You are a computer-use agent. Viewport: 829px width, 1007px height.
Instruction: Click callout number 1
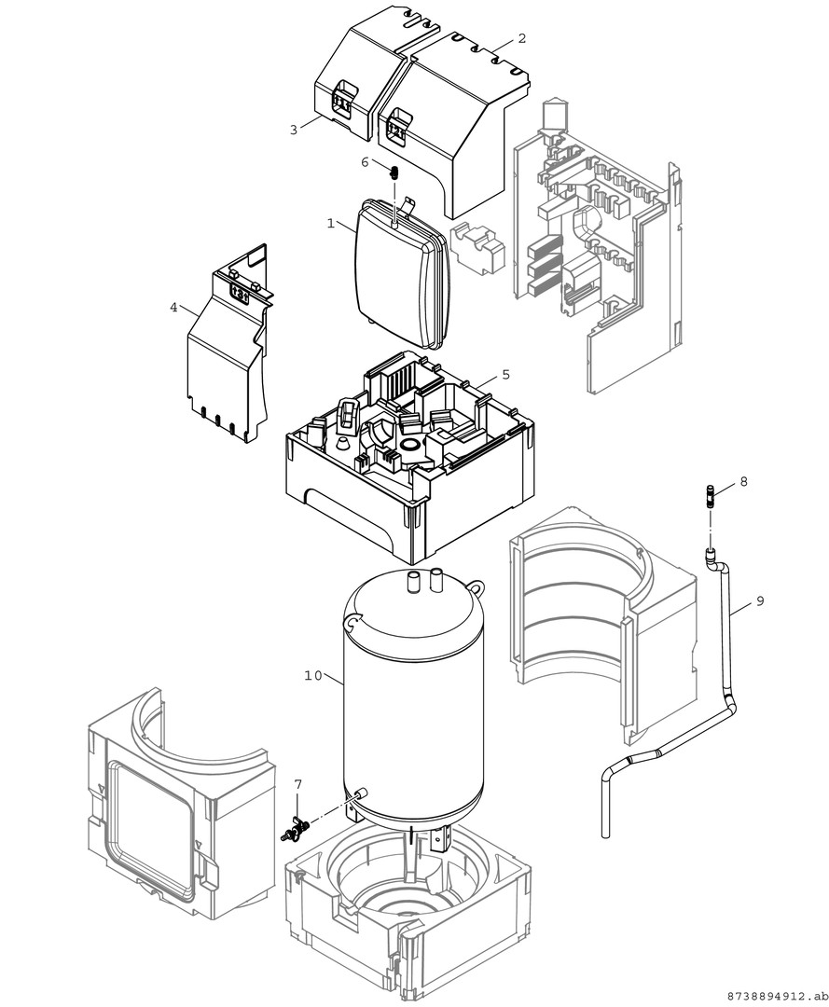[x=330, y=224]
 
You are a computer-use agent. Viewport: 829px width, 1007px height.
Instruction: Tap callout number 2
[x=521, y=38]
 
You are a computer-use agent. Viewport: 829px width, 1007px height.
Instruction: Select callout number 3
[x=293, y=131]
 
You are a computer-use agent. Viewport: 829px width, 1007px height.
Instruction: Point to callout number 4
[x=173, y=307]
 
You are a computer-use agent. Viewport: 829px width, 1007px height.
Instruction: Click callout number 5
[x=505, y=374]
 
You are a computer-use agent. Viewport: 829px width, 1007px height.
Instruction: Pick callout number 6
[x=366, y=162]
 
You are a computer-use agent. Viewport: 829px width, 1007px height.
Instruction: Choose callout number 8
[x=743, y=481]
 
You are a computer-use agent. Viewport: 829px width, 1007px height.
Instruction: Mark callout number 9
[x=759, y=601]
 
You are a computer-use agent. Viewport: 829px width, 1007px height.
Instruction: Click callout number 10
[x=312, y=674]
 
